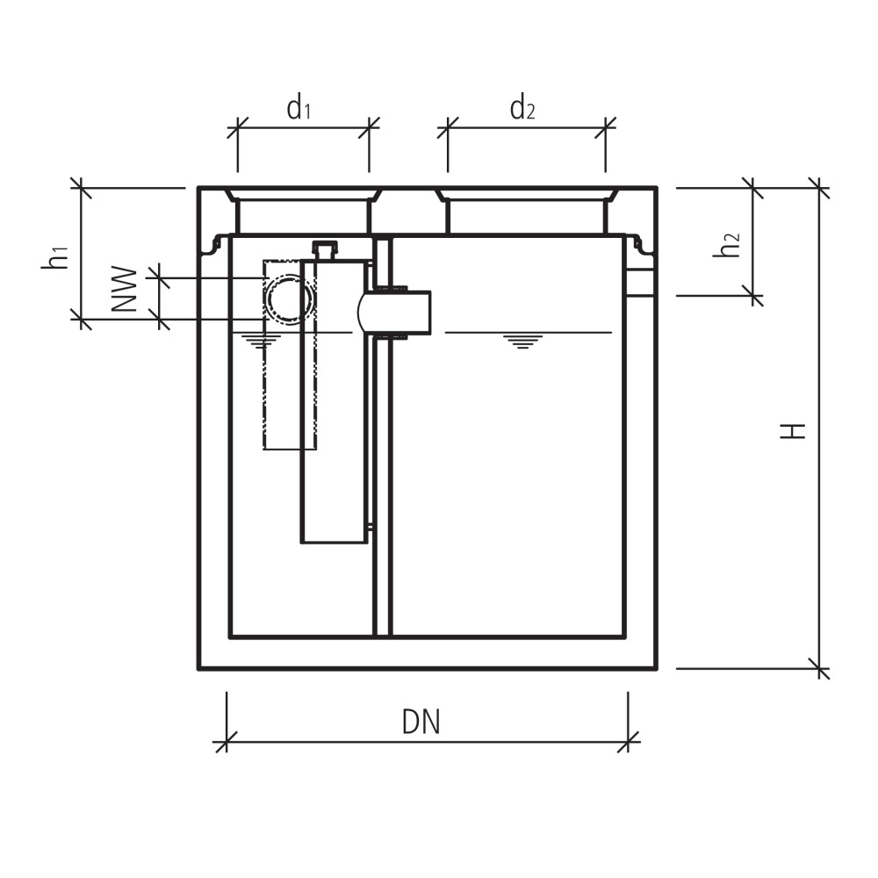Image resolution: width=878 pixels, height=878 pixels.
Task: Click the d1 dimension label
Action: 299,109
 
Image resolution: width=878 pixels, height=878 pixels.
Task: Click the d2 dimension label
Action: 522,109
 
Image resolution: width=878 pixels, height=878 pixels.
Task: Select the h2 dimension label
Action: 726,245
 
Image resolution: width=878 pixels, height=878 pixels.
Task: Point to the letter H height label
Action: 795,430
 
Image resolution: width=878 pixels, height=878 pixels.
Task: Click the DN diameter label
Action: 421,722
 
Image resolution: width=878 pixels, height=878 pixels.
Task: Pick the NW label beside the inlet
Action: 126,289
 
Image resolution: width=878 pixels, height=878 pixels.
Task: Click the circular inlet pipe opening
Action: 289,299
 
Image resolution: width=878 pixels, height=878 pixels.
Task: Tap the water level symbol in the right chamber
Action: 522,341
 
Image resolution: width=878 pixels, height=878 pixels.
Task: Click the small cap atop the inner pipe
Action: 326,250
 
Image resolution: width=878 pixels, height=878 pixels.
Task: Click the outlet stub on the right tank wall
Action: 640,283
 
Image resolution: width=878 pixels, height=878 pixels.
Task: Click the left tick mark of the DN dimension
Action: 226,742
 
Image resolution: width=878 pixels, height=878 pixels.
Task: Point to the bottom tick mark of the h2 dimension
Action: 753,296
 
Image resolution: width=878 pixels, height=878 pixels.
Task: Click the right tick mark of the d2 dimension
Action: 605,128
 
